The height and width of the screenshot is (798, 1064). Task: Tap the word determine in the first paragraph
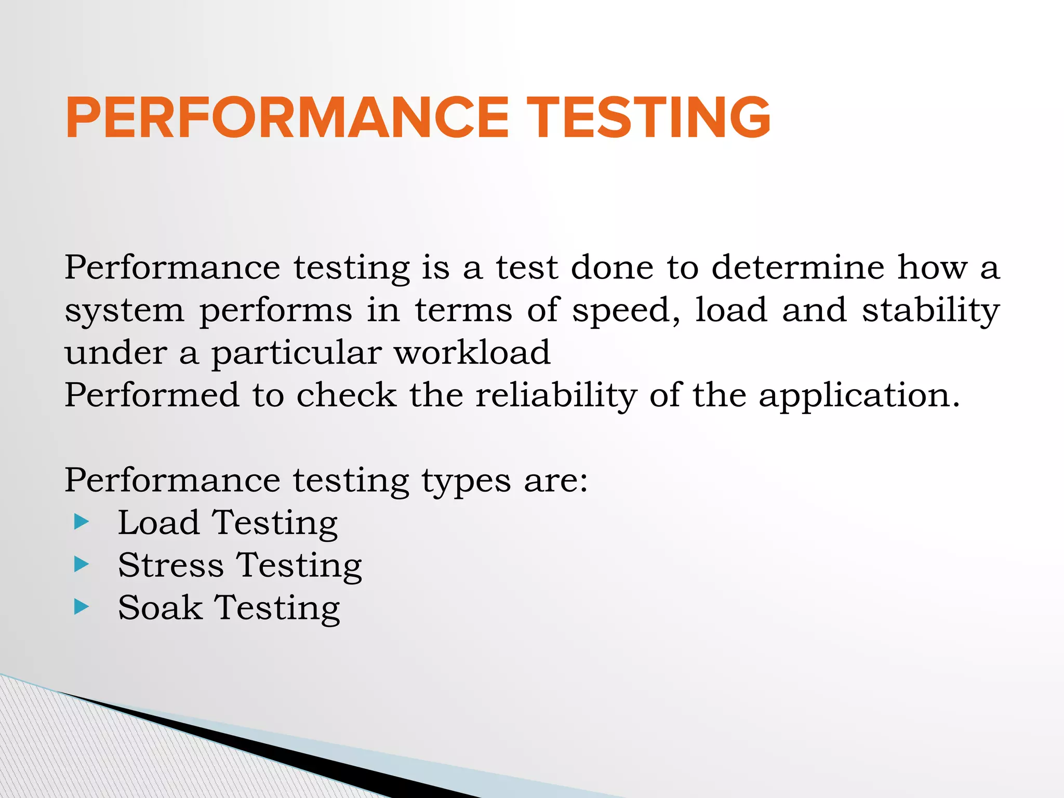point(797,268)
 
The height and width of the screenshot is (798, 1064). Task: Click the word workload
point(472,353)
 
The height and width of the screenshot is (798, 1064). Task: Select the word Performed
point(152,395)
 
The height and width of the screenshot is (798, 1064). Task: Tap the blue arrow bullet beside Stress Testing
point(82,564)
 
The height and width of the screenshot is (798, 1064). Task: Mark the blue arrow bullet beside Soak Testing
point(82,606)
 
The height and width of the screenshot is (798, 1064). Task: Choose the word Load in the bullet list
point(158,522)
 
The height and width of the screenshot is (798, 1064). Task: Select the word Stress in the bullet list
point(170,565)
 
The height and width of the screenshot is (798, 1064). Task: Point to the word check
point(347,395)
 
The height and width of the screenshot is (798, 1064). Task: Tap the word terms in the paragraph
point(463,310)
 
